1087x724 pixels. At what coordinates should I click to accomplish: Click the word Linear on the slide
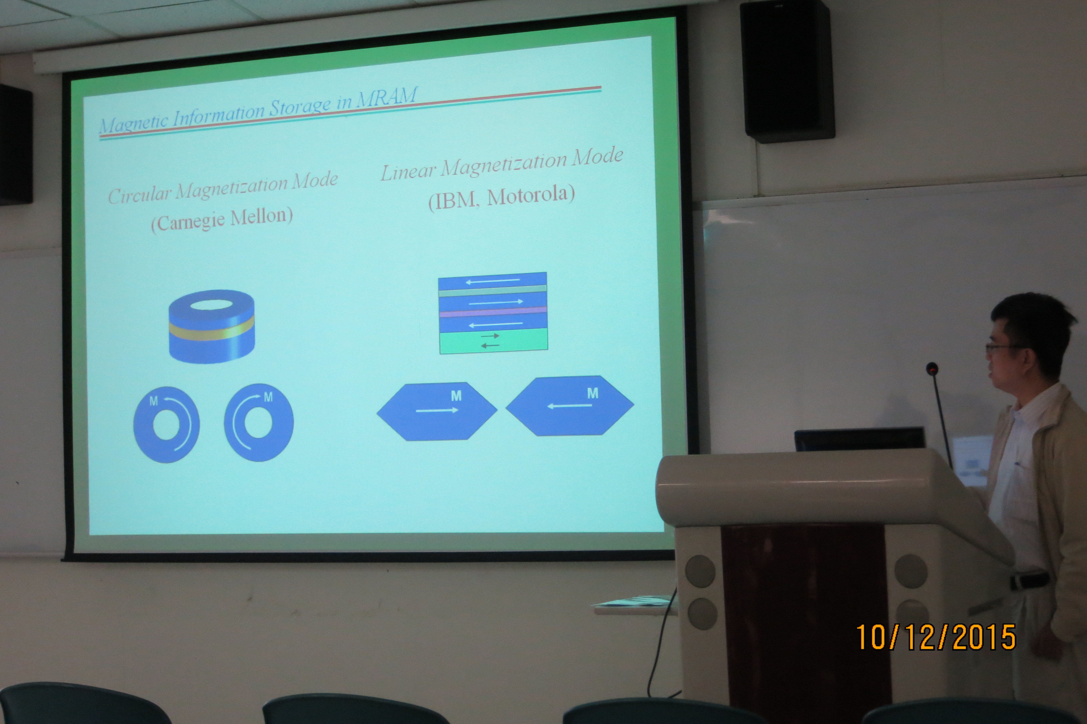pos(408,171)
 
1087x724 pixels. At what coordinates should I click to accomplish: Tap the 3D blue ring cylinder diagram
pos(211,326)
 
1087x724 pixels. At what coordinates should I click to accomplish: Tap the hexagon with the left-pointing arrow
pos(570,406)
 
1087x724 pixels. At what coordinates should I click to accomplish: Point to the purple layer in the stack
pos(493,312)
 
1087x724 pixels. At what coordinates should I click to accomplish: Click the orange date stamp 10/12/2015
pos(936,637)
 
